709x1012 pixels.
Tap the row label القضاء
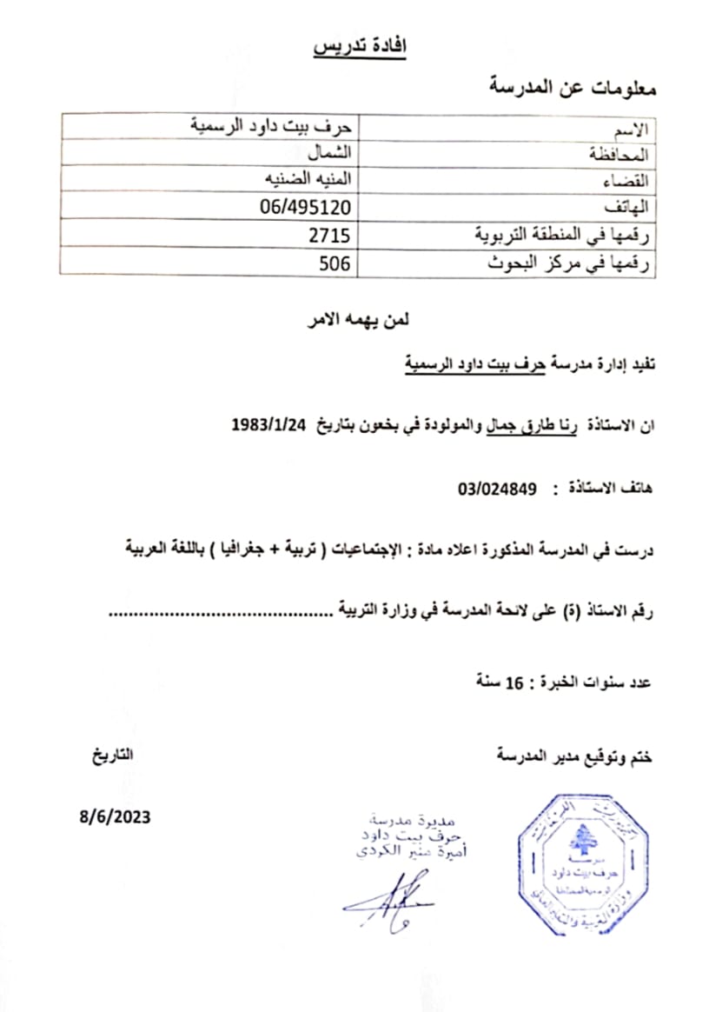click(631, 181)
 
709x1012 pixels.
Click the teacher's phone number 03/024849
click(499, 489)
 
